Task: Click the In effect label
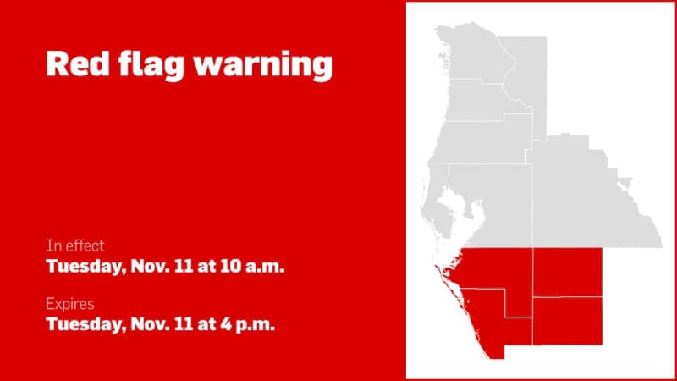tap(75, 246)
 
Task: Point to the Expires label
tap(70, 303)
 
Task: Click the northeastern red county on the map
tap(566, 272)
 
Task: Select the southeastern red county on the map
tap(566, 320)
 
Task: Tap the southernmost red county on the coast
tap(504, 326)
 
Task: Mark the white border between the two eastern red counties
tap(566, 297)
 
